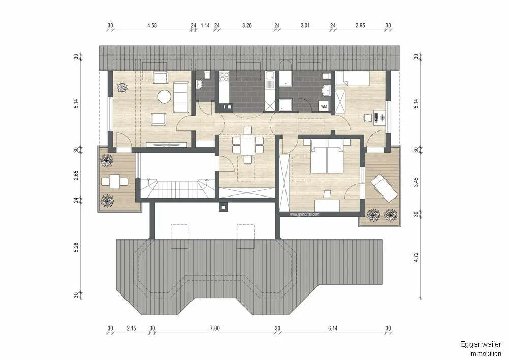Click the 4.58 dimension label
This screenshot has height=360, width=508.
point(152,25)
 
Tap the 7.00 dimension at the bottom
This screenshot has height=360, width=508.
point(215,329)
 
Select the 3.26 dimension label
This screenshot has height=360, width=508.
point(247,25)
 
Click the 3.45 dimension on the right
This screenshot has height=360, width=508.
point(417,182)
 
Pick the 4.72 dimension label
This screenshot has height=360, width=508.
point(417,257)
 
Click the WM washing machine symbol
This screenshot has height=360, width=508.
point(324,106)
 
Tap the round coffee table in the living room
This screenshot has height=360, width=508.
point(165,96)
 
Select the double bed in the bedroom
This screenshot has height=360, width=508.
point(327,156)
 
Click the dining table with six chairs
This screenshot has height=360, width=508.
point(248,145)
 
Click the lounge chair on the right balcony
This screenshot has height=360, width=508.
point(384,188)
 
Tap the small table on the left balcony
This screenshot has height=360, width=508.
point(114,182)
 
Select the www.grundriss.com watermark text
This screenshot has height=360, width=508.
point(304,214)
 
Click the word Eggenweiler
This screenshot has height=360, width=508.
point(481,344)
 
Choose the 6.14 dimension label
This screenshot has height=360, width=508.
point(333,329)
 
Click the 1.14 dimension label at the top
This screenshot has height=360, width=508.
point(205,25)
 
